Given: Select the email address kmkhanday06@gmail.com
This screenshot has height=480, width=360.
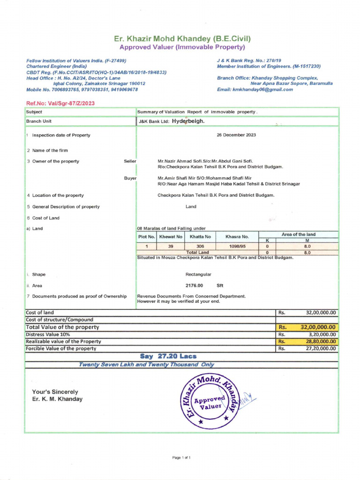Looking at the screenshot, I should click(x=262, y=90).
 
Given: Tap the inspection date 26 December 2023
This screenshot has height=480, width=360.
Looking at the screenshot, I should click(x=236, y=135).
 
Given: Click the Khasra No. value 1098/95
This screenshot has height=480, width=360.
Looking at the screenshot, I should click(x=237, y=246).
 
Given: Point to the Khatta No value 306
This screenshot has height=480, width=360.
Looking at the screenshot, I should click(x=200, y=246).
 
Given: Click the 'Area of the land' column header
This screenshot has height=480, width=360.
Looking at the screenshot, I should click(x=298, y=234).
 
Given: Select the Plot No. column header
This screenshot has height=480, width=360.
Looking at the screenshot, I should click(x=146, y=237).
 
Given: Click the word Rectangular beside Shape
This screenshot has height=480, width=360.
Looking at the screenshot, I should click(x=198, y=274).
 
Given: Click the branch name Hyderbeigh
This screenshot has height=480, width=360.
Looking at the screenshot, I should click(x=188, y=121).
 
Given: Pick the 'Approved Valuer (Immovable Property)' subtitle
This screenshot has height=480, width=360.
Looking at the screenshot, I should click(x=182, y=47).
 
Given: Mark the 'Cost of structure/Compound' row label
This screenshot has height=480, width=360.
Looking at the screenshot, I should click(x=60, y=320).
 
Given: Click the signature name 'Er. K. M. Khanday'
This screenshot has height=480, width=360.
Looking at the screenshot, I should click(x=57, y=399).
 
